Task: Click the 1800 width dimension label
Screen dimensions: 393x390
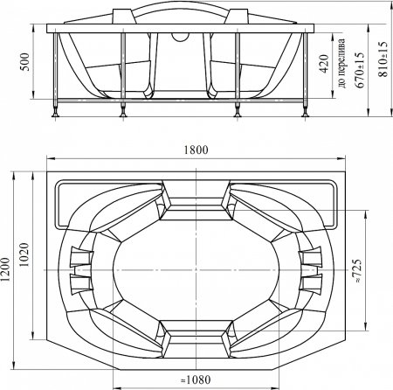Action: coord(196,150)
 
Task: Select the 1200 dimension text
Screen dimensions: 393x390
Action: coord(5,269)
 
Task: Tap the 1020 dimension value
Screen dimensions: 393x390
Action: coord(24,254)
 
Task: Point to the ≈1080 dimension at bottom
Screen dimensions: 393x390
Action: coord(196,380)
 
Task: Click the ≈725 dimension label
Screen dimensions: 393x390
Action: coord(357,270)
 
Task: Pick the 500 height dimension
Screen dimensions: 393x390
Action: coord(26,62)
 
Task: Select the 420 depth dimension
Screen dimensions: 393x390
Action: coord(324,64)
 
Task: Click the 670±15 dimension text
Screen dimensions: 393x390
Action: coord(360,70)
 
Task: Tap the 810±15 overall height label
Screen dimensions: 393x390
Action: coord(383,59)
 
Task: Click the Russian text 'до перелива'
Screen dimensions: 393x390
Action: coord(342,63)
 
